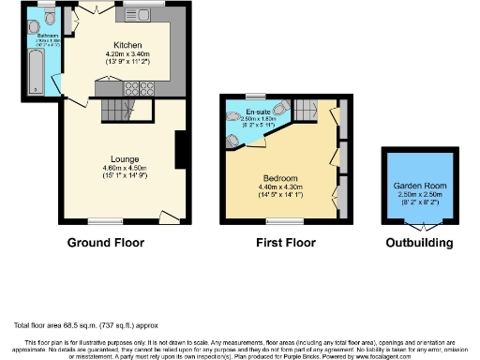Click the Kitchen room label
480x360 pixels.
[127, 46]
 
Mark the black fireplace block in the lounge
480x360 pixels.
[181, 150]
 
